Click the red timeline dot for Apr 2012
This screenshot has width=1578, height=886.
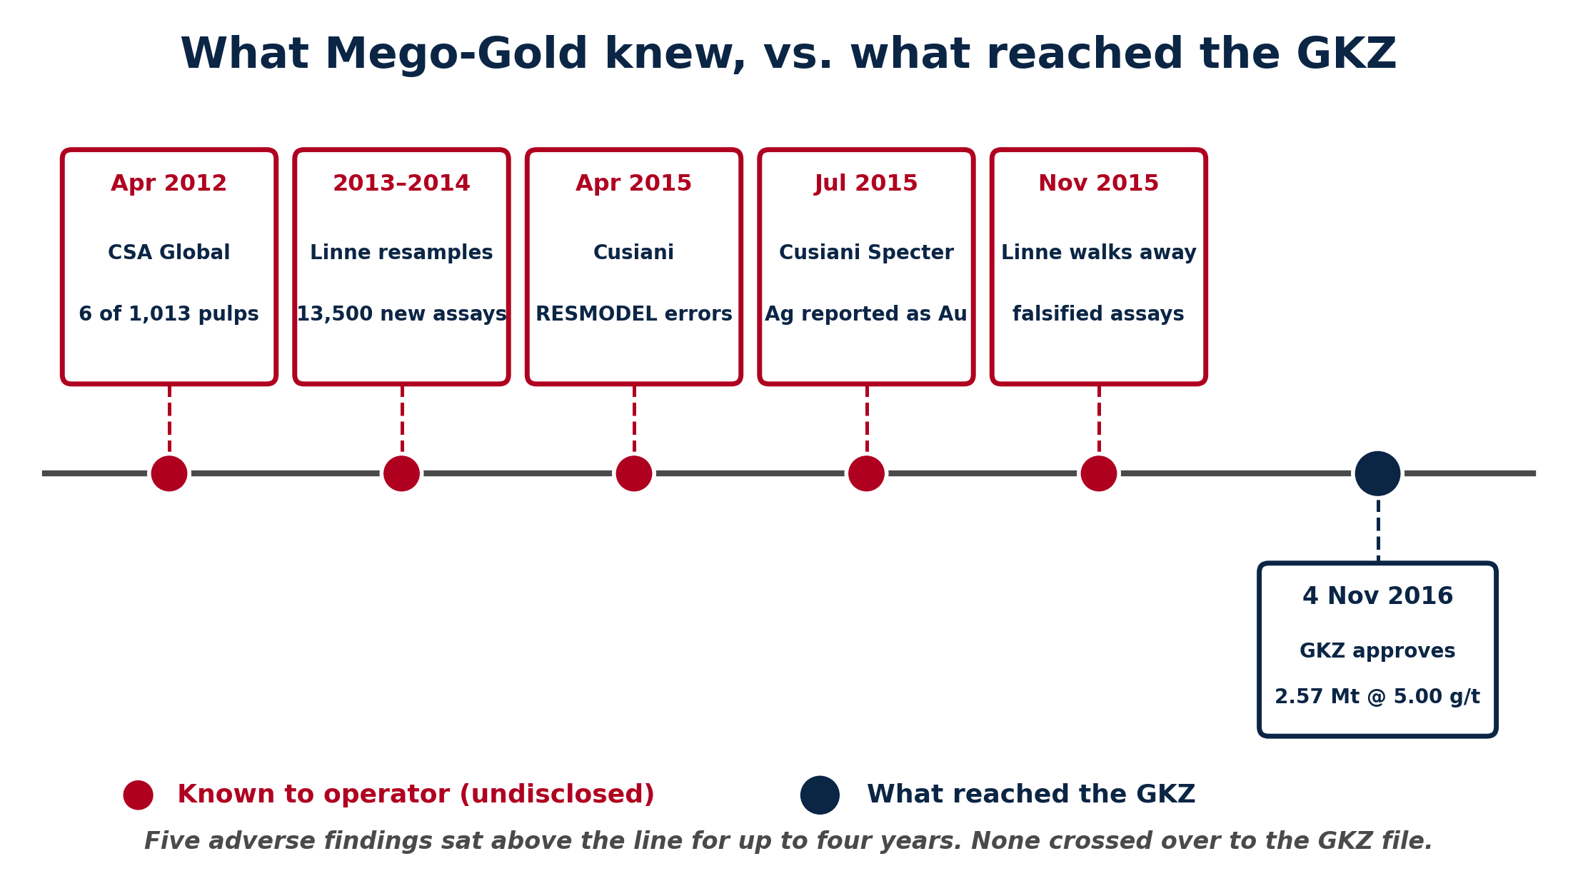tap(169, 473)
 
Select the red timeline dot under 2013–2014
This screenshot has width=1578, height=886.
tap(401, 473)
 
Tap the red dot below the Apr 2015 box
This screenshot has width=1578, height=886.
tap(634, 473)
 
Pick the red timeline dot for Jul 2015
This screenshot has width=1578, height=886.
tap(866, 473)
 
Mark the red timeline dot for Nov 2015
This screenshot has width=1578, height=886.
tap(1099, 473)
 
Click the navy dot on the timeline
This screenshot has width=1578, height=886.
tap(1377, 473)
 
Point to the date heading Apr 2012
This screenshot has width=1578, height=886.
tap(169, 183)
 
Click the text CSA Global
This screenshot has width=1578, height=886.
tap(169, 253)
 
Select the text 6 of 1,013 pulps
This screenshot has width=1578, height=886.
tap(169, 314)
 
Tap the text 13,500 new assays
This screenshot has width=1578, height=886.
tap(401, 314)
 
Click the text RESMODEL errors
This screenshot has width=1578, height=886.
tap(634, 314)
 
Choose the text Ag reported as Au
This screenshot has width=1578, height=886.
tap(866, 314)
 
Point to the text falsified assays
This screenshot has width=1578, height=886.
tap(1098, 314)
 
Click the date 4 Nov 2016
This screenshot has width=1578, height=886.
tap(1377, 596)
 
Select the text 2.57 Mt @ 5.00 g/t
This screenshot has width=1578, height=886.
tap(1377, 697)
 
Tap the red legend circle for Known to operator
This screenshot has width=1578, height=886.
tap(138, 795)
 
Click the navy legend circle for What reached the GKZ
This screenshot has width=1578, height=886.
tap(820, 795)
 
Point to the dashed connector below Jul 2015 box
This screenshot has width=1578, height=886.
tap(867, 419)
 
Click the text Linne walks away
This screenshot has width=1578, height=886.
tap(1098, 253)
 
